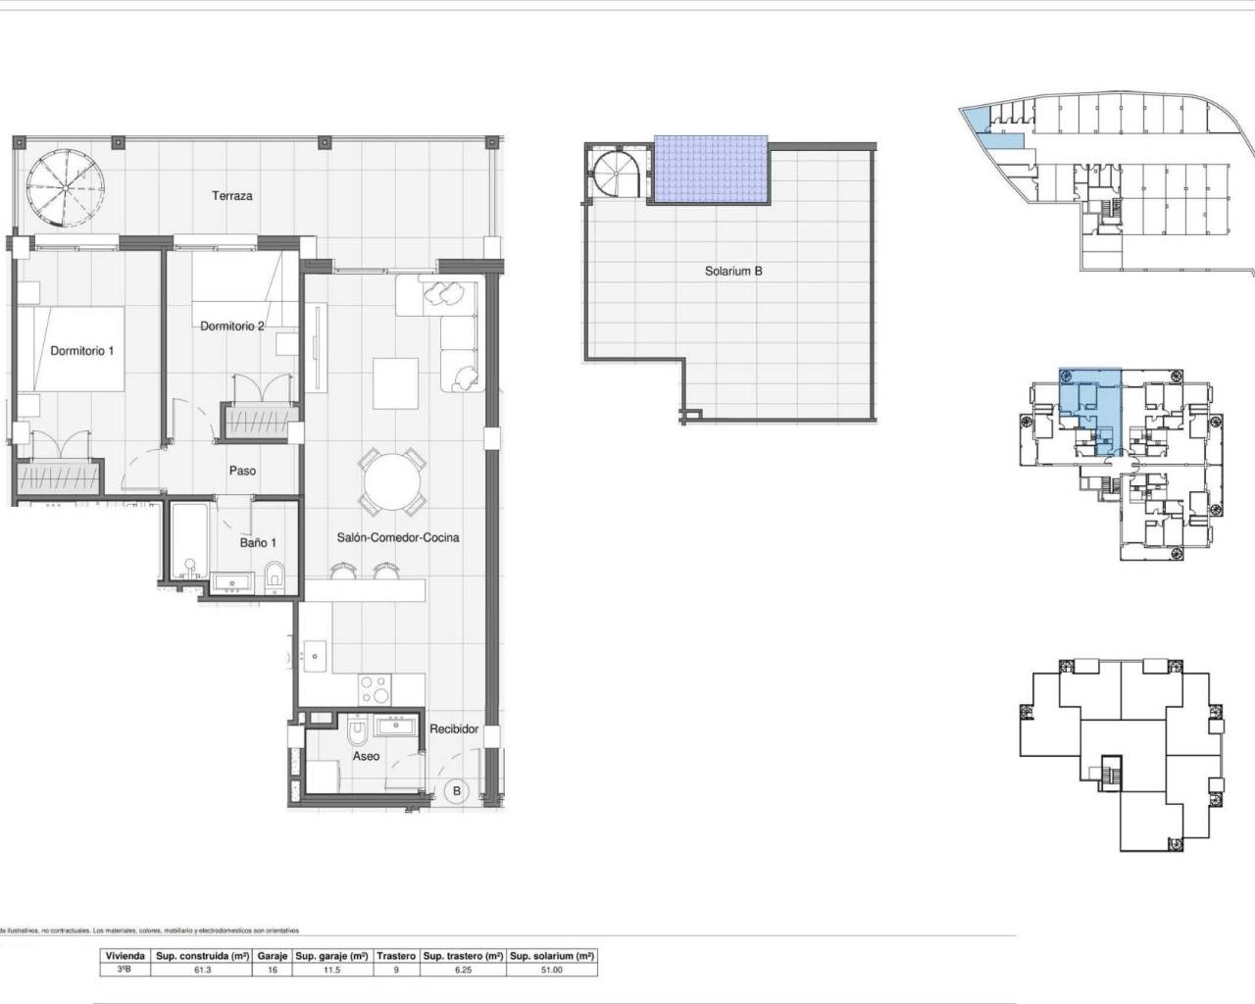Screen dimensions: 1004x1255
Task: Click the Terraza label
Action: [x=232, y=196]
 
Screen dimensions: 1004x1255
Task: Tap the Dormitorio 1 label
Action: [x=82, y=350]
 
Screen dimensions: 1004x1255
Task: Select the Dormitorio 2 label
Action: [x=232, y=326]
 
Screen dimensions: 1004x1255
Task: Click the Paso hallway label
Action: [x=242, y=471]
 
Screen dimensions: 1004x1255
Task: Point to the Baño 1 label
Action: [x=258, y=542]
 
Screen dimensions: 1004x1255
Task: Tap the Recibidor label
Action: [x=454, y=729]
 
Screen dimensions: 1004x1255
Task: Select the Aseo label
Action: [x=366, y=756]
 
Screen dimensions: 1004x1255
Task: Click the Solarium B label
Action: [x=733, y=272]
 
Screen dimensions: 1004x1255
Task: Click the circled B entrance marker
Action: [x=456, y=790]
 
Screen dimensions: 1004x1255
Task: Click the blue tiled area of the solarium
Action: [x=710, y=169]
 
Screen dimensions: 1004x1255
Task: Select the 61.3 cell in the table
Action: [x=202, y=970]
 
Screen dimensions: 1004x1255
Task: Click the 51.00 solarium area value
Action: [x=552, y=970]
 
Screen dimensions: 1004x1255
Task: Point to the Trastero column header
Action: [x=396, y=955]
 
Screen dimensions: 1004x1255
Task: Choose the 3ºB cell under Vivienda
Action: [x=125, y=970]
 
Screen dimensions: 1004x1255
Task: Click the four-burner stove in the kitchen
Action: [x=373, y=688]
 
